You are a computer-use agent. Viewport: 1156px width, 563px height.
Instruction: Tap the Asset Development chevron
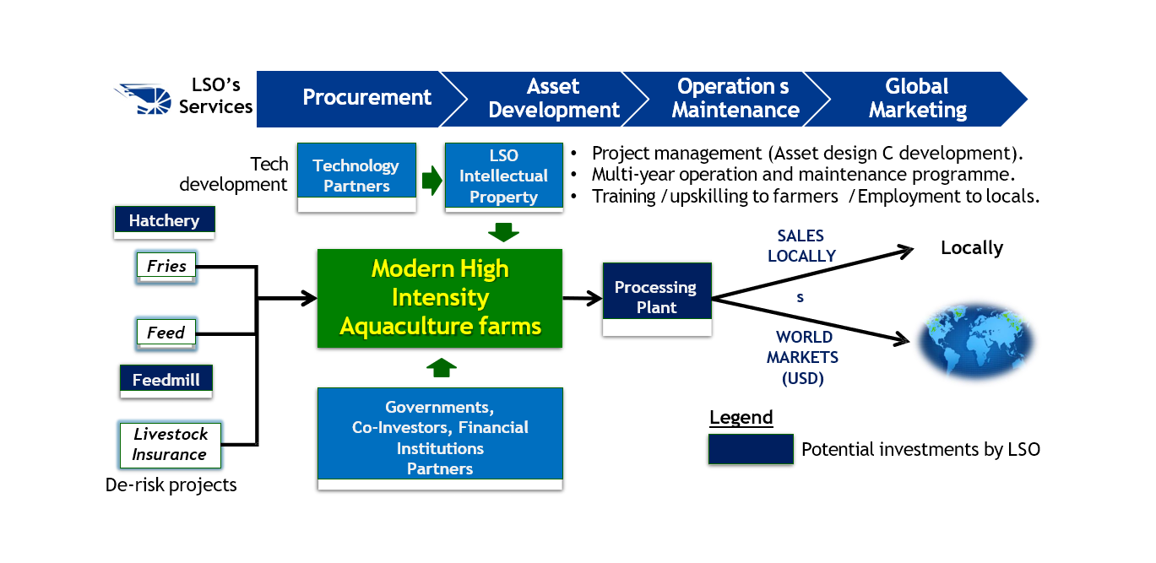553,99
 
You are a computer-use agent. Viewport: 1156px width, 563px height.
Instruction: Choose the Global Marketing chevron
916,99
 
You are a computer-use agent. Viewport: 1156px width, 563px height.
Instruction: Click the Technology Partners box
356,176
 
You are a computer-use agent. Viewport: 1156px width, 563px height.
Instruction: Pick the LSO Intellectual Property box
503,176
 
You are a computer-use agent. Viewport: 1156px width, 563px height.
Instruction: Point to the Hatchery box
164,220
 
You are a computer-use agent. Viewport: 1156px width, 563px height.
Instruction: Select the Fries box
166,267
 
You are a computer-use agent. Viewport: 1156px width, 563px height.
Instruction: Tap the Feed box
166,333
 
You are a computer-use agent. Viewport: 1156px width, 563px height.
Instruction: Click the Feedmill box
166,380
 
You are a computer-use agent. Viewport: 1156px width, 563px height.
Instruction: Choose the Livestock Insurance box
170,444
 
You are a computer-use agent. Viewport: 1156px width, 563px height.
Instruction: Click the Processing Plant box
656,297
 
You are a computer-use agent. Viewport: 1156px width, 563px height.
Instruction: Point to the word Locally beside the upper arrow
972,248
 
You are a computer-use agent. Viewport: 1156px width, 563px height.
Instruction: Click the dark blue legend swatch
750,449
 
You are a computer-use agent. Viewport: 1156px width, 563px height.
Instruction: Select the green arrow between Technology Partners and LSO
431,181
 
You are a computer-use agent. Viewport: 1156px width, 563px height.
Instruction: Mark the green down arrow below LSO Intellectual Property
503,231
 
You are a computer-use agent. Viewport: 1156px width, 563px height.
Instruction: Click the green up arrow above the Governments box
440,367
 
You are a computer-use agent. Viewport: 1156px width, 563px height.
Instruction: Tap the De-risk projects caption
171,485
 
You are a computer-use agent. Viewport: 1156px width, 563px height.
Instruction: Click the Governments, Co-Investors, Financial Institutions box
440,437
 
